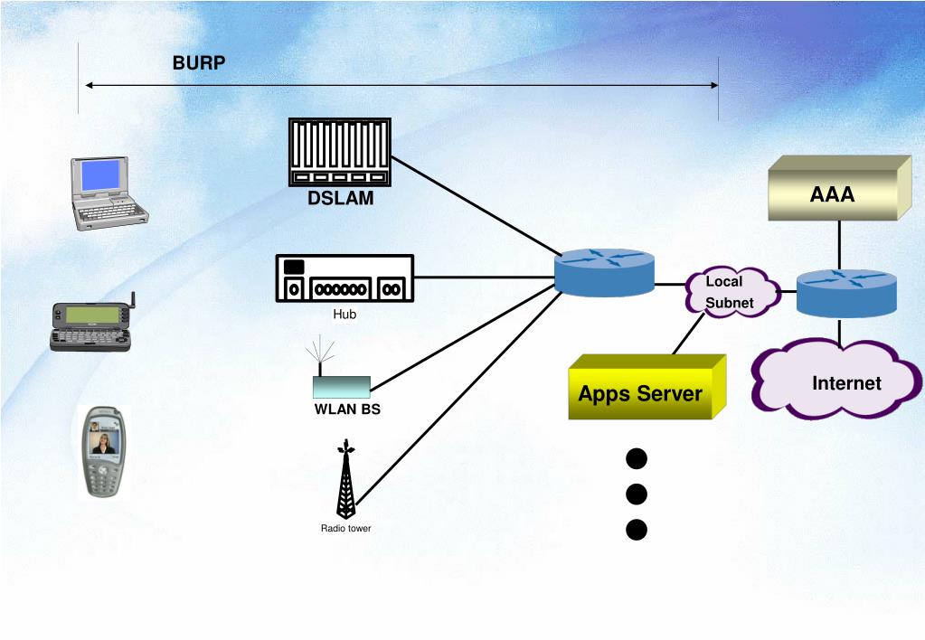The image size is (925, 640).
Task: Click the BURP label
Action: (199, 62)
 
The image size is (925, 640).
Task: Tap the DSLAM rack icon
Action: (340, 152)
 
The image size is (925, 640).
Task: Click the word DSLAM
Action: (340, 198)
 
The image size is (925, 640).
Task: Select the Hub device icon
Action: (345, 278)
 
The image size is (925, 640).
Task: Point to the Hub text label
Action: (345, 315)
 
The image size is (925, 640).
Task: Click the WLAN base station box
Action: (342, 387)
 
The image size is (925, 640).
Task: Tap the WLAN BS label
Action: (347, 409)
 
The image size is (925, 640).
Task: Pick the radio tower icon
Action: (346, 478)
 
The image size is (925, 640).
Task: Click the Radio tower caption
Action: (345, 529)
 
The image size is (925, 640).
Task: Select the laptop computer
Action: (109, 193)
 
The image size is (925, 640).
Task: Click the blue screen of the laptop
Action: (101, 175)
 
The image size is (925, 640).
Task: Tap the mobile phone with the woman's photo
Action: (103, 452)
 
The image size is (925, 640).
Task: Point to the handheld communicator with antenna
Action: (91, 325)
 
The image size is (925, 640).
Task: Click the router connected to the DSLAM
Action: (605, 272)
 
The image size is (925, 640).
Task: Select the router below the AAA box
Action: (846, 293)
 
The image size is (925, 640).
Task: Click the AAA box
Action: (839, 188)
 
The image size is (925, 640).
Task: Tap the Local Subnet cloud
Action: (732, 292)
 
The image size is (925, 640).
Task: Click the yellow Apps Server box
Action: (647, 387)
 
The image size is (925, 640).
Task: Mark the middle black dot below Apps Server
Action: (637, 494)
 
